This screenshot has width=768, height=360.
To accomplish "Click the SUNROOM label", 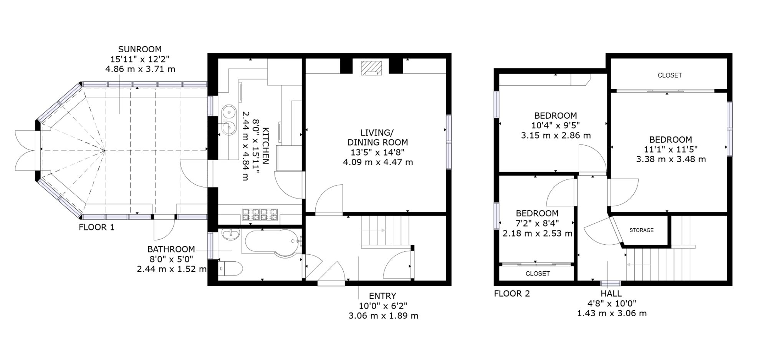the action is [x=140, y=49].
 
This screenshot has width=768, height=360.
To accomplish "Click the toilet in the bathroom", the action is [x=230, y=268].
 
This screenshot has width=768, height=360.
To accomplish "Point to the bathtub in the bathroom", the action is [x=271, y=241].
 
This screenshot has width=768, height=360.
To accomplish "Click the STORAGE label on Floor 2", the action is [x=641, y=230].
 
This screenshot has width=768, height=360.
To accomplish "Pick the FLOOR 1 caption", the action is [x=96, y=227].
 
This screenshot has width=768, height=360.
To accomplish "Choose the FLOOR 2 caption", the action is [x=512, y=294].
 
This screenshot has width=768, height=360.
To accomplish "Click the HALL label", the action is [x=611, y=294].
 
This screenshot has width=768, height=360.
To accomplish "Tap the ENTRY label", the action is [x=382, y=296].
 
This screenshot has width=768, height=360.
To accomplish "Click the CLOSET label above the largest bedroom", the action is [x=670, y=75].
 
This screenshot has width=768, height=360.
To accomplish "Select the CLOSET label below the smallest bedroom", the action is [x=538, y=274].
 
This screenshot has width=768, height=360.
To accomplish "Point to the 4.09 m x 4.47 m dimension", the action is [x=378, y=162].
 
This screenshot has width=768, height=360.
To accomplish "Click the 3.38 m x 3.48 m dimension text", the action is [x=671, y=159].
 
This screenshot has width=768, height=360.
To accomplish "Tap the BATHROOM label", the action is [x=171, y=249].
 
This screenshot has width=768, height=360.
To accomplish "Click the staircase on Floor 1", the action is [x=386, y=232].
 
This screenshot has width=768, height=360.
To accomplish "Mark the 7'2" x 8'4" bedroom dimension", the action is [x=537, y=223].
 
